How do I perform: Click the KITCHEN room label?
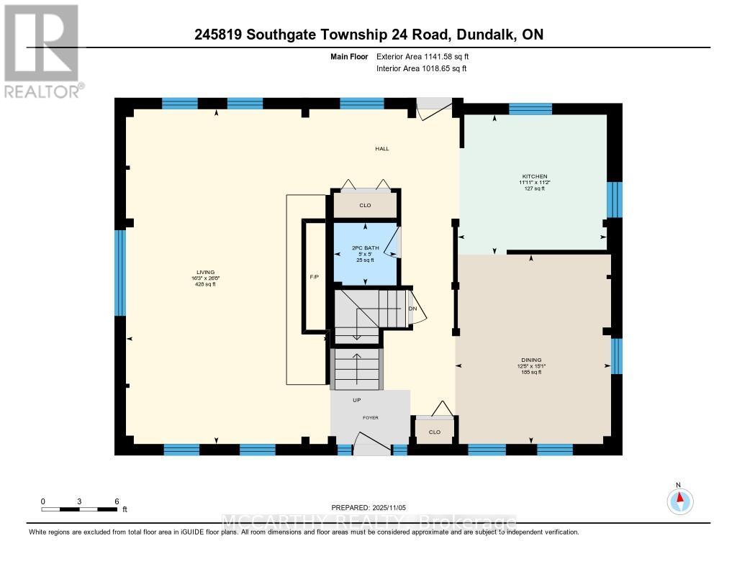pyautogui.click(x=535, y=176)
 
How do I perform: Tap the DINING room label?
pyautogui.click(x=531, y=360)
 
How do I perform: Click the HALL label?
pyautogui.click(x=381, y=149)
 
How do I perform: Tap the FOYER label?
pyautogui.click(x=370, y=417)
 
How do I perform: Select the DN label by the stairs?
pyautogui.click(x=412, y=309)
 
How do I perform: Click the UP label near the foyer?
pyautogui.click(x=356, y=400)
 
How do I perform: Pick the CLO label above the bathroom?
pyautogui.click(x=365, y=206)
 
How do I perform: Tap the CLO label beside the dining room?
pyautogui.click(x=434, y=432)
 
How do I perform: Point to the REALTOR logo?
pyautogui.click(x=42, y=50)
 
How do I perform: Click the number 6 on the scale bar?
pyautogui.click(x=116, y=501)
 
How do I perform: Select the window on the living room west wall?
pyautogui.click(x=120, y=273)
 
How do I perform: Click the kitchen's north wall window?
pyautogui.click(x=530, y=109)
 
